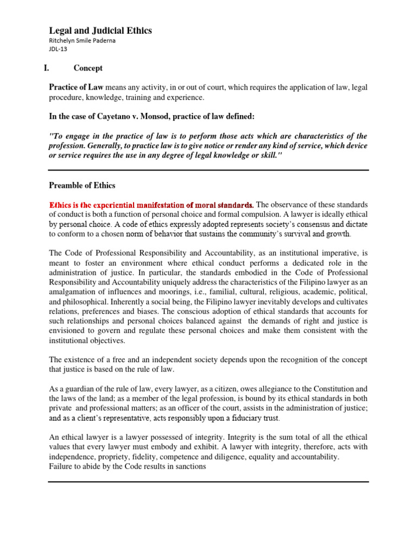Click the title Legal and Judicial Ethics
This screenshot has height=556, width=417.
pyautogui.click(x=100, y=31)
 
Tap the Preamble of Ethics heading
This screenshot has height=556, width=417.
pyautogui.click(x=82, y=186)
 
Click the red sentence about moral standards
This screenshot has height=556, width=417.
pyautogui.click(x=151, y=205)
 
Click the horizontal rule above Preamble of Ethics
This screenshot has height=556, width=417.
pyautogui.click(x=209, y=170)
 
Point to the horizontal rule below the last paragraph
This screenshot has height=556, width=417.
pyautogui.click(x=209, y=481)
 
